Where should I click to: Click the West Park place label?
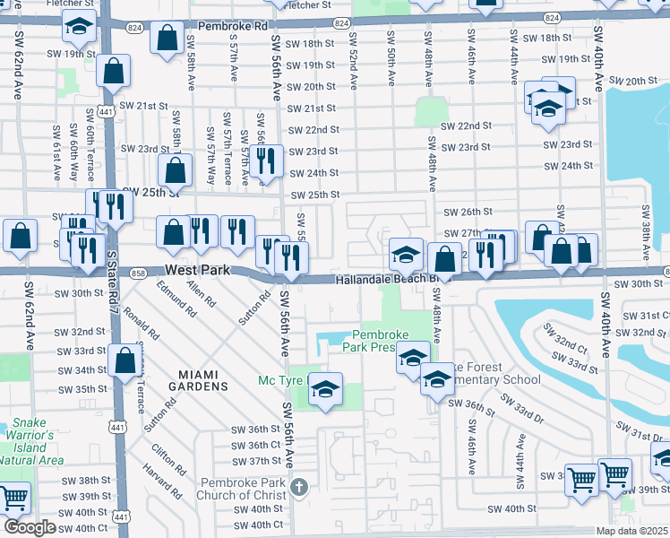196,270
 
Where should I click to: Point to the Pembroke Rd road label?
234,27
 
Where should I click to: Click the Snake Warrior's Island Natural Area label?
35,441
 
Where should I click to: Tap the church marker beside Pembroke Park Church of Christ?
300,488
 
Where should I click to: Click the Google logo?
30,527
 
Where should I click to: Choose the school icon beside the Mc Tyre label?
325,389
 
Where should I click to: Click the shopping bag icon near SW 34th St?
125,361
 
